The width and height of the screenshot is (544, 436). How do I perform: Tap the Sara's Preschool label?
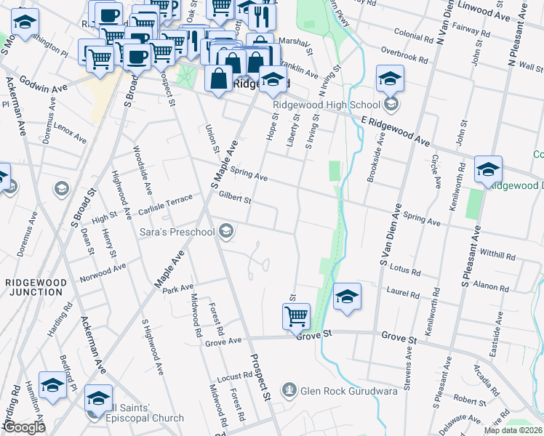tap(177, 232)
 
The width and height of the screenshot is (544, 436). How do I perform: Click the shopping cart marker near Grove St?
tap(296, 317)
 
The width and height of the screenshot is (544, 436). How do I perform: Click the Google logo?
tap(25, 427)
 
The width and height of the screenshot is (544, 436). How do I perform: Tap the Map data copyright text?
tap(512, 430)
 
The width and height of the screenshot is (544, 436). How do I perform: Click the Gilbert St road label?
tap(234, 198)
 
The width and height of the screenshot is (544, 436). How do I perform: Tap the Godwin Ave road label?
tap(44, 84)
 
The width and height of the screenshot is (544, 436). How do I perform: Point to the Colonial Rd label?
tap(414, 33)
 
